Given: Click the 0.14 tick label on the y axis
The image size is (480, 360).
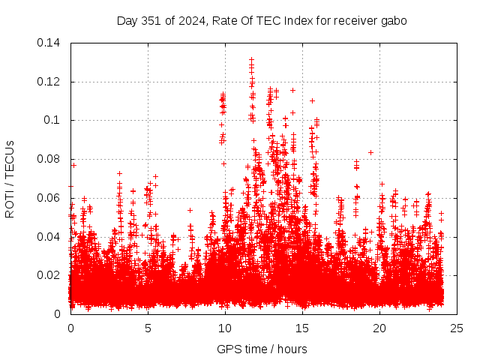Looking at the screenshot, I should pos(50,43).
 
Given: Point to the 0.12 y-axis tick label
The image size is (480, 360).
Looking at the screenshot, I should pos(50,82).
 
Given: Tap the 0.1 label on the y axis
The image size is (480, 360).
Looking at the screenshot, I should pos(53,120).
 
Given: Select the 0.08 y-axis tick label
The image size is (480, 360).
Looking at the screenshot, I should pos(50,159).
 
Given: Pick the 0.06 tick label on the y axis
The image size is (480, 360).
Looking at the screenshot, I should pos(50,198).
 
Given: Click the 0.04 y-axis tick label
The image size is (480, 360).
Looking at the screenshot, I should pos(50,237).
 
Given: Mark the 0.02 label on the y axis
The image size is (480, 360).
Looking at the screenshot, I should pos(50,275).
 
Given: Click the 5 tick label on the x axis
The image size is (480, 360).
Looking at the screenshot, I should pos(148,328).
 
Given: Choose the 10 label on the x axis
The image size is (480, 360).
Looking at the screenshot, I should pos(225,328).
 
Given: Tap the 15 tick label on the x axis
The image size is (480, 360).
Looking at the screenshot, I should pos(302,328).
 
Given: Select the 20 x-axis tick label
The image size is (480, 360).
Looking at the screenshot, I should pos(379,328).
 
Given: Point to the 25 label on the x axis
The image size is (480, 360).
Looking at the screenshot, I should pos(457,328).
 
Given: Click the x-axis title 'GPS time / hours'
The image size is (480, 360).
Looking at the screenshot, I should pos(262,349).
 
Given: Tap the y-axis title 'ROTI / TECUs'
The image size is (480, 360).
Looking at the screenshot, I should pos(10,178).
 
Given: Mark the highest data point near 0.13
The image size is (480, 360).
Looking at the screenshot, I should pos(251,59).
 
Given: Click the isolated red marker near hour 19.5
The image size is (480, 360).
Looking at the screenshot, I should pos(370,152).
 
